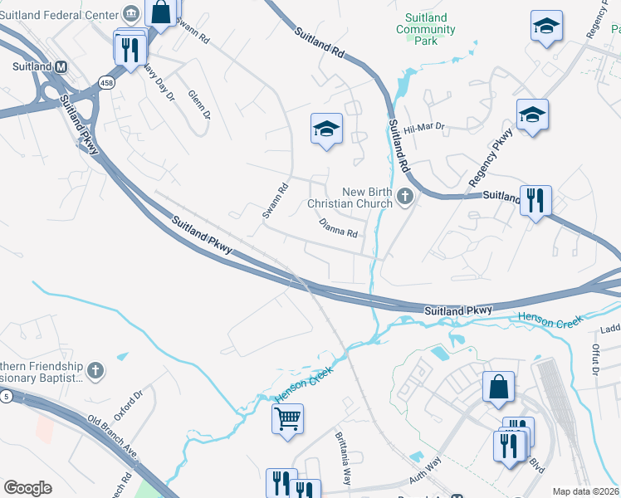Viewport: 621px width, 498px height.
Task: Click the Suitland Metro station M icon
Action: pos(61,66)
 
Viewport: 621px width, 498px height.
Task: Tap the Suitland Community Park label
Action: pos(426,29)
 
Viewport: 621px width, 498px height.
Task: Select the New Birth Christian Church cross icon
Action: pos(404,197)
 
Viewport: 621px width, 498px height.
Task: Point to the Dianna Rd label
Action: pos(338,227)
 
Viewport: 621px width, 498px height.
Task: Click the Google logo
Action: pos(27,488)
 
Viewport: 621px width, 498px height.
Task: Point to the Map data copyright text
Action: pos(584,491)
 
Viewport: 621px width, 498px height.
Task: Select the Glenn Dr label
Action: pos(200,106)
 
